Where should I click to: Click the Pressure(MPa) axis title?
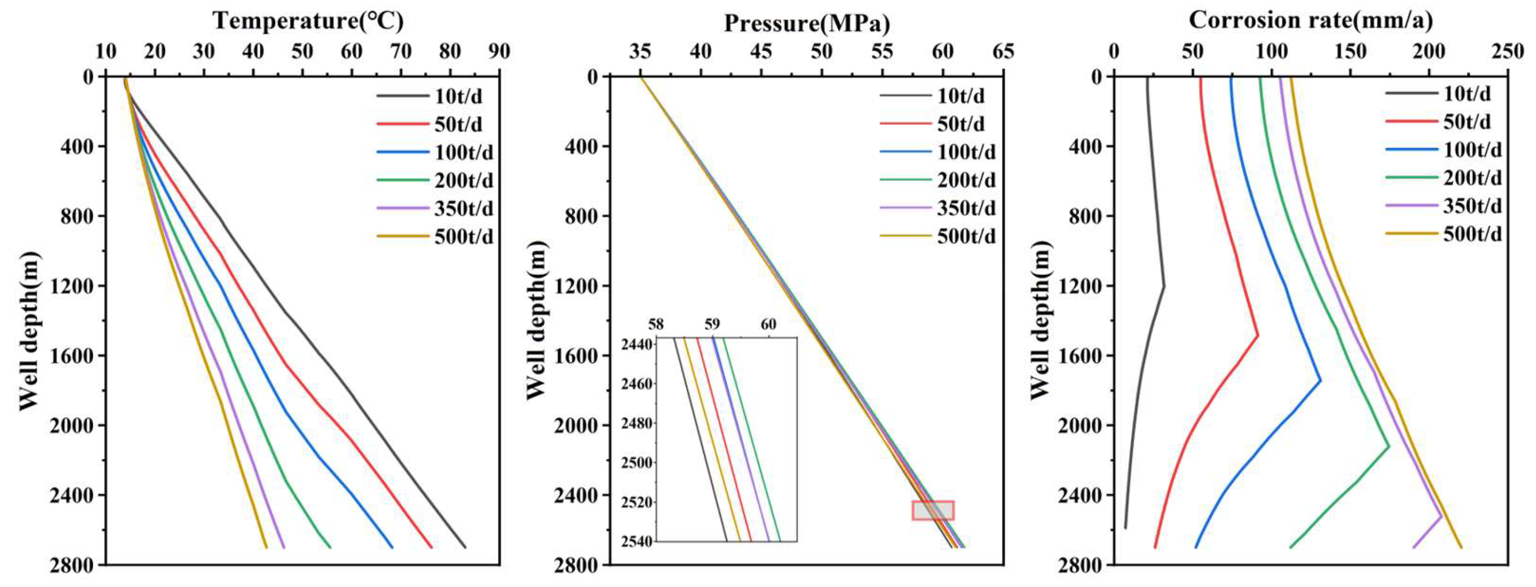point(807,24)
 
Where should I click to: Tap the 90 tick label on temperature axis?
point(499,52)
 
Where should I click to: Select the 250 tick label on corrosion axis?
point(1507,52)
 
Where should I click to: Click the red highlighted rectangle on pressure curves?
point(933,510)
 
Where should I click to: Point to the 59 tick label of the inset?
point(712,325)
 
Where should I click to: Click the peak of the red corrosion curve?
point(1257,335)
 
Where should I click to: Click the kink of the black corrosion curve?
point(1164,286)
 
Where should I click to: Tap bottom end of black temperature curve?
point(465,547)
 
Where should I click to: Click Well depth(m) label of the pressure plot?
point(536,320)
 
